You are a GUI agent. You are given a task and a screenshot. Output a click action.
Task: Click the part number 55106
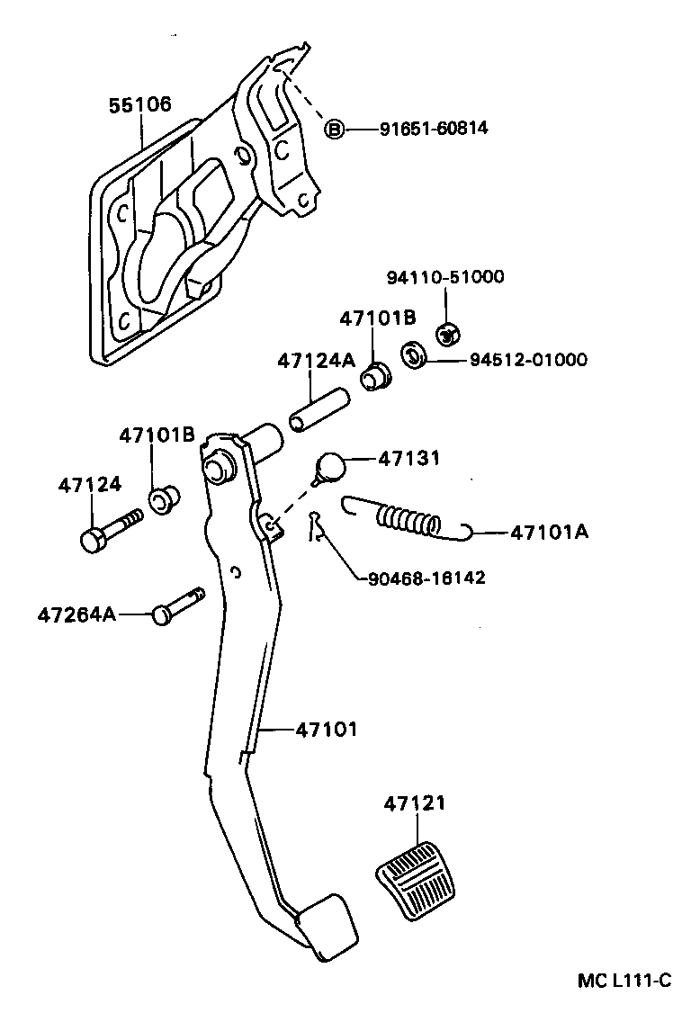139,104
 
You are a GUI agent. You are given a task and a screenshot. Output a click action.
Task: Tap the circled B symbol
334,130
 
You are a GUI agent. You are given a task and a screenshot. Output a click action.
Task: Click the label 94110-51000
445,277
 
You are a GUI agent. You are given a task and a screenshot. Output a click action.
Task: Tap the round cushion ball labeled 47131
331,467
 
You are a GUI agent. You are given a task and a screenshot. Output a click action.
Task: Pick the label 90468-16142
426,578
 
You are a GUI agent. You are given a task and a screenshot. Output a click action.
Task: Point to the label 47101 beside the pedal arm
326,730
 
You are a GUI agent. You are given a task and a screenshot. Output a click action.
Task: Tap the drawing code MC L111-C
624,980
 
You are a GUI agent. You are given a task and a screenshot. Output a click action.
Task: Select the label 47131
409,458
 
